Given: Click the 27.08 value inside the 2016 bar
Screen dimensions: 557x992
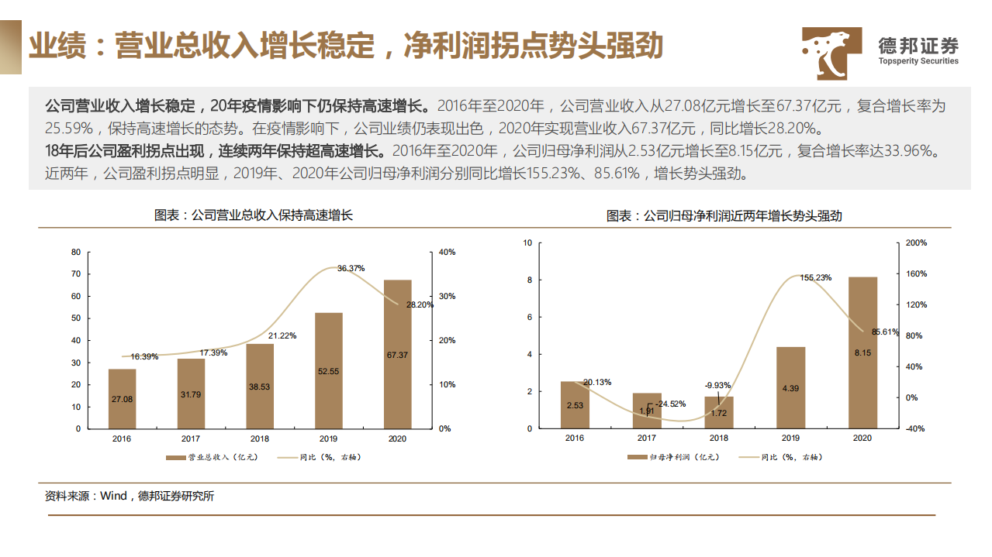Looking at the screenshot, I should point(122,399).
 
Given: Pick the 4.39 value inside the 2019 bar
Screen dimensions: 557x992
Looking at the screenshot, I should point(790,388).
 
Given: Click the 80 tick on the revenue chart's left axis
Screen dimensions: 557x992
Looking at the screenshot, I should point(76,253).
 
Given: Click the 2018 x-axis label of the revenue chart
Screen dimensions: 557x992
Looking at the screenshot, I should point(260,438).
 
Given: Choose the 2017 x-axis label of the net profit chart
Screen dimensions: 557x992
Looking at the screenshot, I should point(646,438).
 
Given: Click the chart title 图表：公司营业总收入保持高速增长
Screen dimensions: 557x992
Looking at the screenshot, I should point(254,215).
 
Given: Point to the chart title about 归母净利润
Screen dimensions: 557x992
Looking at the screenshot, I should point(724,216).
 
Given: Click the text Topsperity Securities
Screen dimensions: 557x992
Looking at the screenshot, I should point(918,61).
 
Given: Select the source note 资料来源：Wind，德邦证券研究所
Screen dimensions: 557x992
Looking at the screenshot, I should point(130,496).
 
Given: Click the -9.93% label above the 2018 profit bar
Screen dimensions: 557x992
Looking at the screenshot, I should point(717,385).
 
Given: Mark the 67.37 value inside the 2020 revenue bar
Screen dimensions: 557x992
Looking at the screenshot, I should point(397,355).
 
